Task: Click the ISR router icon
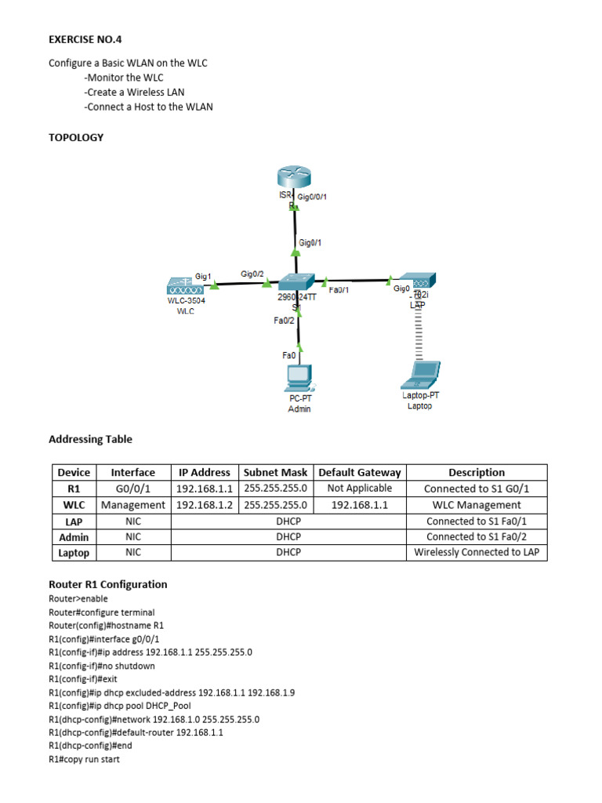[x=293, y=180]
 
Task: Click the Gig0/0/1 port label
[x=312, y=197]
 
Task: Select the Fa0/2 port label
[x=284, y=320]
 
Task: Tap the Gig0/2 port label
[x=252, y=274]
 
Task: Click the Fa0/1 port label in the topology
[x=339, y=290]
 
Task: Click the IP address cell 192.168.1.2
[x=204, y=505]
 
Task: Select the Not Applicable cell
[x=359, y=489]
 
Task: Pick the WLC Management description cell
[x=477, y=505]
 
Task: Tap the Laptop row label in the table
[x=74, y=553]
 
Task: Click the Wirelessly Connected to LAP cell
[x=477, y=553]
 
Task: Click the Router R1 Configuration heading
[x=107, y=584]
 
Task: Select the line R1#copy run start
[x=84, y=760]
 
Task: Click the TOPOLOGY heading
[x=76, y=137]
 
